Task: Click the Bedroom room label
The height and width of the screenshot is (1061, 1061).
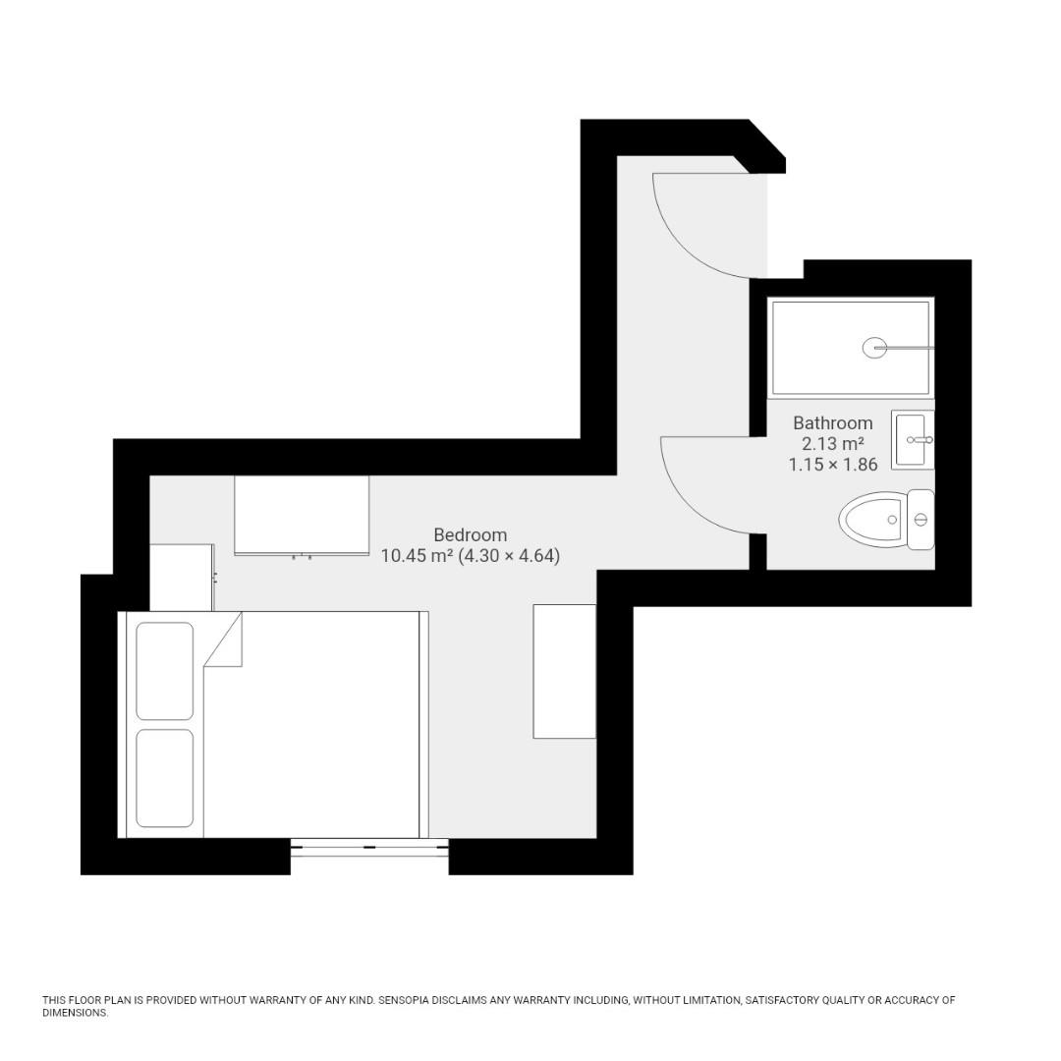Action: [470, 535]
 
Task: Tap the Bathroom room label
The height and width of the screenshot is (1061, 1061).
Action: [832, 423]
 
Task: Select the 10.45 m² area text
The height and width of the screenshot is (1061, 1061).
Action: [417, 556]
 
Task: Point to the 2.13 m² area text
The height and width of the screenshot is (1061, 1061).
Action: [832, 444]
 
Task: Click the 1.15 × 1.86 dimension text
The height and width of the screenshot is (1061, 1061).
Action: [832, 465]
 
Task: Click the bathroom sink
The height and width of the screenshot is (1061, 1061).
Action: [913, 440]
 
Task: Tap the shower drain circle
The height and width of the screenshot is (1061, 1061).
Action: [874, 347]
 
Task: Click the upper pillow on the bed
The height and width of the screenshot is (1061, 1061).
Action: [164, 671]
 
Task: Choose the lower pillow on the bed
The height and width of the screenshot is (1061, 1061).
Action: [164, 778]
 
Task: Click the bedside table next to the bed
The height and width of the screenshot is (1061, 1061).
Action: [181, 578]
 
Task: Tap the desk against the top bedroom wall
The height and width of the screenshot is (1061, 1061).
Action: [302, 515]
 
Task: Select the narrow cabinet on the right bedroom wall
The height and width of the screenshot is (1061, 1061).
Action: [564, 671]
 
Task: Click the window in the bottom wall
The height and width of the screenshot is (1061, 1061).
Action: [369, 847]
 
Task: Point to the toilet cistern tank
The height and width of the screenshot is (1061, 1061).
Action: [921, 519]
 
